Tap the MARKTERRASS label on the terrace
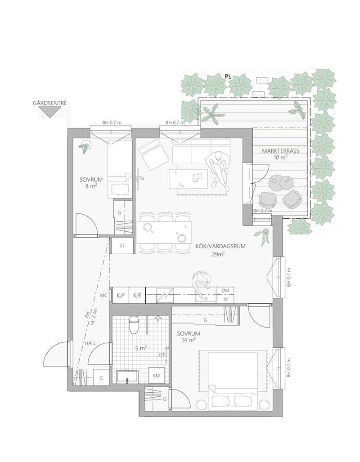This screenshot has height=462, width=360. [280, 151]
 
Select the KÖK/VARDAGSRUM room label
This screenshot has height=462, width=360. [220, 247]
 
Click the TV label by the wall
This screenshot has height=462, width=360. [141, 178]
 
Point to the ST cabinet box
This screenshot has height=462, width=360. [122, 246]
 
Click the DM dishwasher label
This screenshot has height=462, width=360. [225, 291]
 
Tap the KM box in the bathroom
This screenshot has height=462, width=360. [156, 375]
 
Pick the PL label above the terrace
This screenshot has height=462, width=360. [228, 76]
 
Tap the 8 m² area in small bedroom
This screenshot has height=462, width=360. [91, 186]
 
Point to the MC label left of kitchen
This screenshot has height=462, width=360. [104, 295]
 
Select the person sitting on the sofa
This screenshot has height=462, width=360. [218, 169]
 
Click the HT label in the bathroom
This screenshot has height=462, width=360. [162, 355]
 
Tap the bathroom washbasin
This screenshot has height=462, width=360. [127, 377]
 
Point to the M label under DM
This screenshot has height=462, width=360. [225, 299]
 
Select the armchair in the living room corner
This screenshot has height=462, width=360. [153, 155]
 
